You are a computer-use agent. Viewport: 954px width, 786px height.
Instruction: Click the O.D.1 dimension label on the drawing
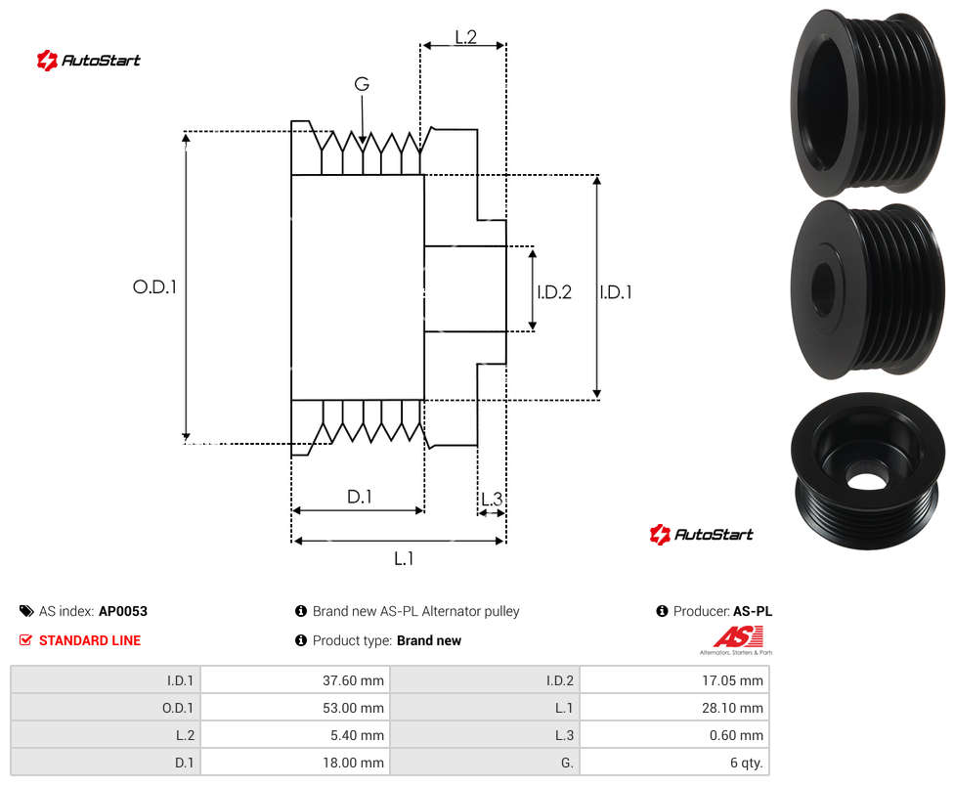(154, 286)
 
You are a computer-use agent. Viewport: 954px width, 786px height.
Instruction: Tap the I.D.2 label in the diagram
(554, 292)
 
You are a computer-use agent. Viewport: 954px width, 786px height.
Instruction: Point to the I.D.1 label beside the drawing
(616, 292)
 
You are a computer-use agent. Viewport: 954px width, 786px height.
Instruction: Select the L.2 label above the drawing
(465, 37)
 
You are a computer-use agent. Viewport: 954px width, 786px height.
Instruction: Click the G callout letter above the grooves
(362, 84)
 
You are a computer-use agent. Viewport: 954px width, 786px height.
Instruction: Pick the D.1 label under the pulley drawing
(360, 497)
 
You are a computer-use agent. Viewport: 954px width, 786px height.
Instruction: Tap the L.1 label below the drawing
(404, 558)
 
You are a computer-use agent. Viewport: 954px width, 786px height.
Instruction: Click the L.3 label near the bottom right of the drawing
(492, 500)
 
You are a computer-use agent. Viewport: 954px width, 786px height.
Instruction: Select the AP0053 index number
(123, 611)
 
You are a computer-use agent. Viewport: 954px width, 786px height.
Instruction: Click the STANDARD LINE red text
(90, 640)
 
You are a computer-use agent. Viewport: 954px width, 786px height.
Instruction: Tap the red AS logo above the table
(737, 637)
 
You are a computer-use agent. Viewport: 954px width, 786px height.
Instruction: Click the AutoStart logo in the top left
(88, 61)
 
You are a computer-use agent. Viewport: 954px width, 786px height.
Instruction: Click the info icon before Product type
(300, 640)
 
